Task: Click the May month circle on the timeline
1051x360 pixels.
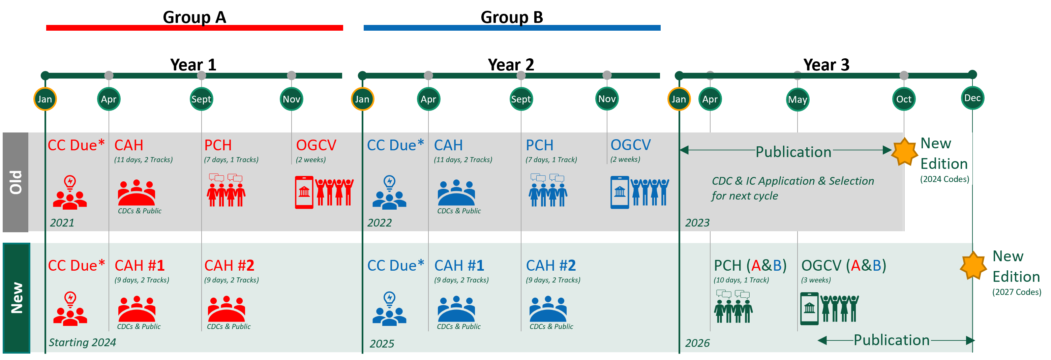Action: (x=797, y=99)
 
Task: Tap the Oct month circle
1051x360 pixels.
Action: (x=904, y=99)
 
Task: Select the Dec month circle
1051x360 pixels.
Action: (x=972, y=98)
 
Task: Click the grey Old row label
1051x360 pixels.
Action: (x=16, y=182)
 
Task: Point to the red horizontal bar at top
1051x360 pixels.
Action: (x=194, y=28)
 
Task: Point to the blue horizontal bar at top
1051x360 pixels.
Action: (x=512, y=28)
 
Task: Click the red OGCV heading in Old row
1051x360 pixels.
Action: (x=316, y=145)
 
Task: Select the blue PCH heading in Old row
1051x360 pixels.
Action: (x=539, y=145)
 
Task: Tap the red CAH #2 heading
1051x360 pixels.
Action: (x=229, y=266)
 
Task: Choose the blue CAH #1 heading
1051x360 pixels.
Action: (x=459, y=266)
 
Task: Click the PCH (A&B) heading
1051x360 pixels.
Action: (x=750, y=266)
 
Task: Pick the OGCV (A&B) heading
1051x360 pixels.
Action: (x=844, y=266)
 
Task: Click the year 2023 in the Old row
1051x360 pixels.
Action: (x=697, y=223)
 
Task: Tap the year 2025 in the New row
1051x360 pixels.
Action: (x=382, y=344)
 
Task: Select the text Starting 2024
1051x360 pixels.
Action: (x=83, y=342)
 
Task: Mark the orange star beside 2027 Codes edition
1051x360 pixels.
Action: (x=973, y=265)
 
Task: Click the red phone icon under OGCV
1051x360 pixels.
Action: (x=304, y=192)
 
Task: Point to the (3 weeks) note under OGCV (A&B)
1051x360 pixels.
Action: (x=816, y=280)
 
